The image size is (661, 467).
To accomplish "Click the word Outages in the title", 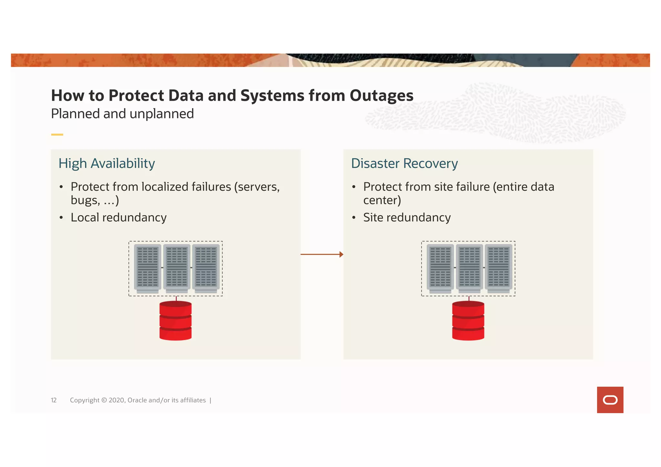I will (381, 96).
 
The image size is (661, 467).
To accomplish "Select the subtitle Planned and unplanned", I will (122, 114).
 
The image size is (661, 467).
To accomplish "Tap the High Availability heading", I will (107, 164).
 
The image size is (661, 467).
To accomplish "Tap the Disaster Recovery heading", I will (404, 164).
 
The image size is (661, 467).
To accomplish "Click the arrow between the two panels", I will (322, 254).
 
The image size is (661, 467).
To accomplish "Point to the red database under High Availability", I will (176, 320).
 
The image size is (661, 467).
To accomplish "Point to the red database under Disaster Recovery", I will (468, 320).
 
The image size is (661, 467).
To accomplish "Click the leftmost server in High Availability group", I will (147, 268).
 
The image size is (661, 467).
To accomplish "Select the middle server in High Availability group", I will (177, 268).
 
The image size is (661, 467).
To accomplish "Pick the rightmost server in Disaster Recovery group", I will (498, 268).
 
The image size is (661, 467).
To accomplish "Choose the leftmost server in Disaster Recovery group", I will (440, 268).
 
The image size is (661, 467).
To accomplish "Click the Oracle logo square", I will (610, 400).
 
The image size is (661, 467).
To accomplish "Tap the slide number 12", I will (54, 400).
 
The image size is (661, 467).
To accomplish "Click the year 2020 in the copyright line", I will (117, 400).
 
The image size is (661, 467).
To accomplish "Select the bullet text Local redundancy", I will (118, 218).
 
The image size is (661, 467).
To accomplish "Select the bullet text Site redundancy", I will (407, 218).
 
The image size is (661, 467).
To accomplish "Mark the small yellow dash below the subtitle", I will (57, 135).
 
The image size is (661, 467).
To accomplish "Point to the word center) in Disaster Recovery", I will (382, 200).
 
